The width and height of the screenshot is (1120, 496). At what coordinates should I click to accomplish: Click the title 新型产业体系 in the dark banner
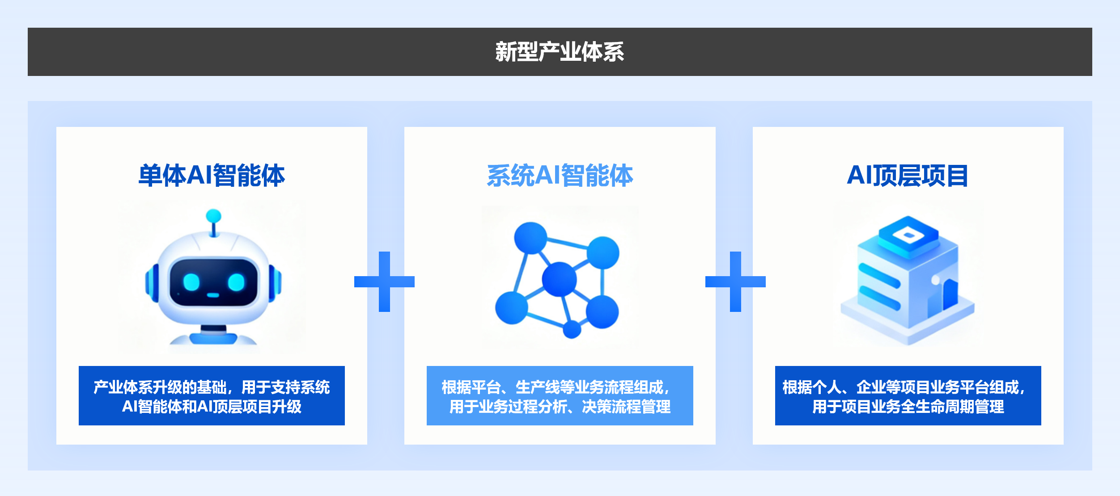(x=560, y=52)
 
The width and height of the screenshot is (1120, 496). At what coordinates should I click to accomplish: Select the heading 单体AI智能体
(x=212, y=175)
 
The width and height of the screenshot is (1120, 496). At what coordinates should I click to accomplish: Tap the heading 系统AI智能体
(x=560, y=175)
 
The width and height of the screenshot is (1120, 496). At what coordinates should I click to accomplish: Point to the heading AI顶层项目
(x=908, y=175)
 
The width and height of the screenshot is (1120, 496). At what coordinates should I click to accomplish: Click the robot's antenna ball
(x=213, y=216)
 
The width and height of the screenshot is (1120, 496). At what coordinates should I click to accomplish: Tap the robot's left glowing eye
(x=191, y=282)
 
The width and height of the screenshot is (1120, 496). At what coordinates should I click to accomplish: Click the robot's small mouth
(x=213, y=295)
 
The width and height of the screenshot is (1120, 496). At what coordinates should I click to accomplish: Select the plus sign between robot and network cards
(x=384, y=282)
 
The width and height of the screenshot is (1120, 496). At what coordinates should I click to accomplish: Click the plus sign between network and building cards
(x=735, y=282)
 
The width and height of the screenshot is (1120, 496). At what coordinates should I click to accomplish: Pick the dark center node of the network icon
(x=559, y=279)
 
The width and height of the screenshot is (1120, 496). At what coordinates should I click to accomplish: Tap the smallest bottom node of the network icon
(x=572, y=330)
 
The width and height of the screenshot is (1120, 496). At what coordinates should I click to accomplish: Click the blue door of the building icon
(x=950, y=295)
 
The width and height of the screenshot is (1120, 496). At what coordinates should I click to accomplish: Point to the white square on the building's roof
(x=908, y=235)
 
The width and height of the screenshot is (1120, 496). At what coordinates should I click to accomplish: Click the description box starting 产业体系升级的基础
(x=212, y=396)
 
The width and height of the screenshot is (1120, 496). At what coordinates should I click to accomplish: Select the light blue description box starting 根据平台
(x=560, y=396)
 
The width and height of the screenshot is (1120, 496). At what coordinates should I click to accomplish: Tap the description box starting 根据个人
(x=908, y=396)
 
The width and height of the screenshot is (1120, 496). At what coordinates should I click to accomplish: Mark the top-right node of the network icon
(x=603, y=253)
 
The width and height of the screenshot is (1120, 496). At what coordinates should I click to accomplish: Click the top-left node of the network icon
(x=530, y=238)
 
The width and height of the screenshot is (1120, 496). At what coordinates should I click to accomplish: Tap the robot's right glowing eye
(x=236, y=282)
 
